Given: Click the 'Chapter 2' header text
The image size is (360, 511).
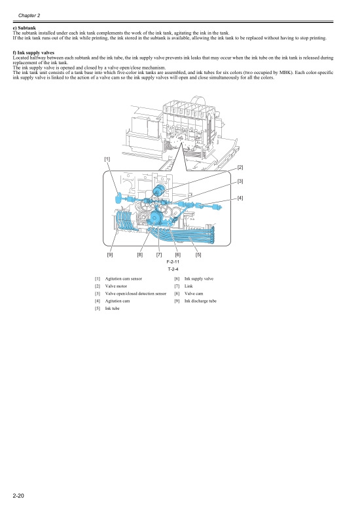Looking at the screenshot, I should (x=29, y=14).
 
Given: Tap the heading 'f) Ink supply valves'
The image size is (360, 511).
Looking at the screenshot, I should (x=33, y=52).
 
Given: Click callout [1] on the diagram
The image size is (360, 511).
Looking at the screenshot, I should (x=107, y=159).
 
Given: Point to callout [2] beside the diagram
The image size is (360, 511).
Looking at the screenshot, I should (x=240, y=168).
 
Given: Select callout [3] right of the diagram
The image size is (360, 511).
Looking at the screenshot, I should (x=240, y=181).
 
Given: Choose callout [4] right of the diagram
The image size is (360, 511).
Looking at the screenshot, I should (x=240, y=198).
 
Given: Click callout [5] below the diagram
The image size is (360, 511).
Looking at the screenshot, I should (x=198, y=254).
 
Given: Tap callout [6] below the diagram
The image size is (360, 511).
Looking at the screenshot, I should (x=177, y=254).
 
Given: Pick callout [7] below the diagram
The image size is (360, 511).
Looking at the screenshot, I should (x=159, y=254).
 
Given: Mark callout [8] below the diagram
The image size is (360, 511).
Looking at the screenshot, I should (x=140, y=254).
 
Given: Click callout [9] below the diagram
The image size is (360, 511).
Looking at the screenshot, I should (x=110, y=254).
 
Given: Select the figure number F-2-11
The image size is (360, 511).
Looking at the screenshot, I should (x=173, y=261).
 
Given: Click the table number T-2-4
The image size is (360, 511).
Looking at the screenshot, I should (x=173, y=269).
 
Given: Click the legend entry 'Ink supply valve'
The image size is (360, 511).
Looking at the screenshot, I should (x=199, y=279).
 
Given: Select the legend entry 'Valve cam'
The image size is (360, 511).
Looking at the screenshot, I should (x=194, y=293).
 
